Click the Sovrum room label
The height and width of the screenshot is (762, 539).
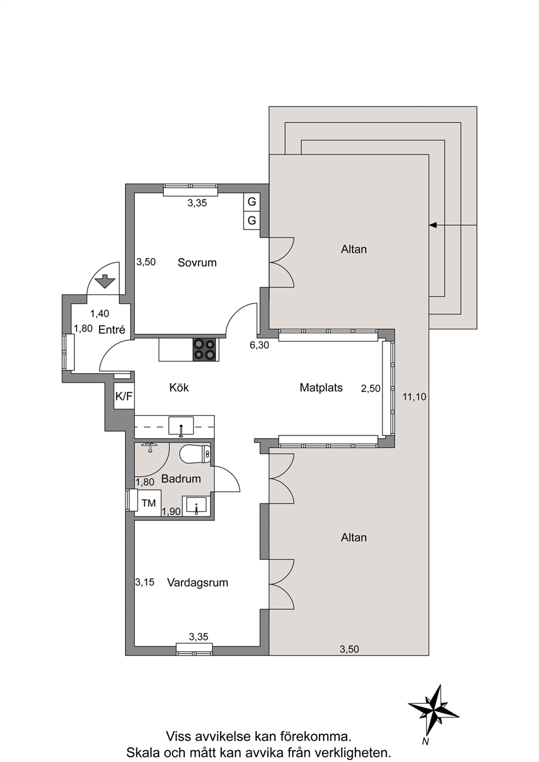pyautogui.click(x=197, y=263)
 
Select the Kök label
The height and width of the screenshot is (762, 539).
pyautogui.click(x=179, y=387)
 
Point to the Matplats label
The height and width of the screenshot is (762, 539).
pyautogui.click(x=321, y=387)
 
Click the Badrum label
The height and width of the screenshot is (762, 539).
pyautogui.click(x=181, y=479)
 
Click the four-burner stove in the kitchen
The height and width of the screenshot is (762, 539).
pyautogui.click(x=204, y=350)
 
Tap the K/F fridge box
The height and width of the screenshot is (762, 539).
pyautogui.click(x=124, y=396)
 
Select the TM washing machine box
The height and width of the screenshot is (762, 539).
pyautogui.click(x=148, y=503)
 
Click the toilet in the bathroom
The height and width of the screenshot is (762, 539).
pyautogui.click(x=195, y=454)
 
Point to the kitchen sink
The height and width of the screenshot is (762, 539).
pyautogui.click(x=181, y=426)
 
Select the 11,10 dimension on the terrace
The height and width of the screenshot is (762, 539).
pyautogui.click(x=414, y=396)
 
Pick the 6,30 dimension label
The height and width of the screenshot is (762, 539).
pyautogui.click(x=259, y=345)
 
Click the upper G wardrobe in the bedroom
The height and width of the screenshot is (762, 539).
pyautogui.click(x=252, y=202)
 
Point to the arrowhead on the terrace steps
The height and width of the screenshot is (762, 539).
pyautogui.click(x=433, y=225)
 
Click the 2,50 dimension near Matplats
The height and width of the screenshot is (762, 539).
pyautogui.click(x=371, y=388)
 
